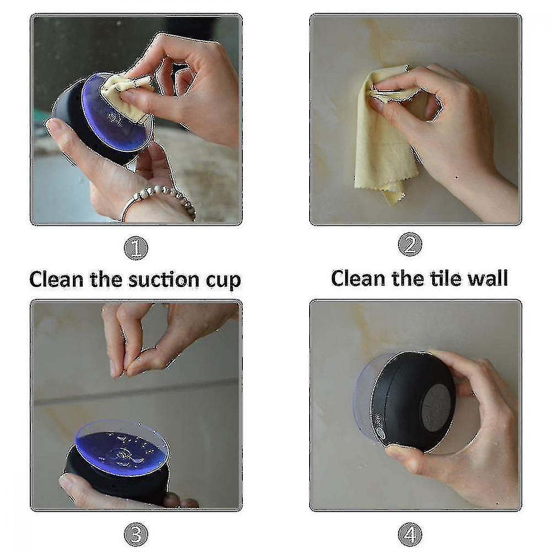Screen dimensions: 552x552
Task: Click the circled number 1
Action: click(136, 247)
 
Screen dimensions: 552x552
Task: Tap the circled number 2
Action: click(410, 245)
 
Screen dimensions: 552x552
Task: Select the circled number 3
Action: click(136, 534)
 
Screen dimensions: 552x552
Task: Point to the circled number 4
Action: click(410, 534)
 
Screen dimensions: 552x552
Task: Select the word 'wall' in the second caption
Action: click(486, 278)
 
